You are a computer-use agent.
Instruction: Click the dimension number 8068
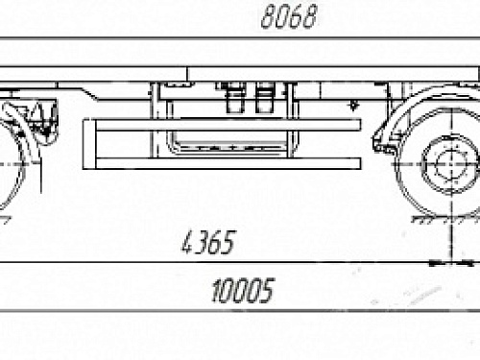(x=289, y=16)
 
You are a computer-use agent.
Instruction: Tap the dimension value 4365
(x=208, y=242)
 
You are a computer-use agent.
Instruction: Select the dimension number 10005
(x=243, y=290)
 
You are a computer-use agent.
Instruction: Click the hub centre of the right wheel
(x=451, y=164)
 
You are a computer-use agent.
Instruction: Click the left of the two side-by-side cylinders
(x=235, y=97)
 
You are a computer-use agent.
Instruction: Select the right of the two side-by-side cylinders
(x=264, y=97)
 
